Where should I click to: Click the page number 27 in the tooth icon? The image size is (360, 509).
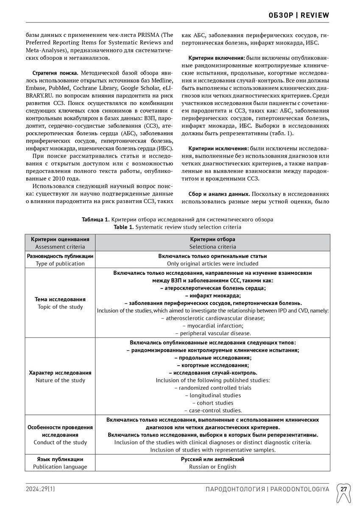coord(343,489)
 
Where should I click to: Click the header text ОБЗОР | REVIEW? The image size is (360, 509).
coord(299,15)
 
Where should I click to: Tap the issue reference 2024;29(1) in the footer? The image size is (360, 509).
coord(40,489)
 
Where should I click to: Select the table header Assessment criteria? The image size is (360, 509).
coord(60,246)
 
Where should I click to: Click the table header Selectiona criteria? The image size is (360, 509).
coord(212,246)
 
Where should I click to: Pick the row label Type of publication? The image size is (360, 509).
coord(60,263)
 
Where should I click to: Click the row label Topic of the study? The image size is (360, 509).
coord(60,307)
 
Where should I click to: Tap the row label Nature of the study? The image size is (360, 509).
coord(60,380)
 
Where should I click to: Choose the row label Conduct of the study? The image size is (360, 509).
coord(60,442)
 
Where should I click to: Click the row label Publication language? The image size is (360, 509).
coord(60,467)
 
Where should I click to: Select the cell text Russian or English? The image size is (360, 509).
coord(212,467)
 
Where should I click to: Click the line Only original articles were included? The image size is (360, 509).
coord(212,263)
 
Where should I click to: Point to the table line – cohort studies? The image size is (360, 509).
coord(212,403)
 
